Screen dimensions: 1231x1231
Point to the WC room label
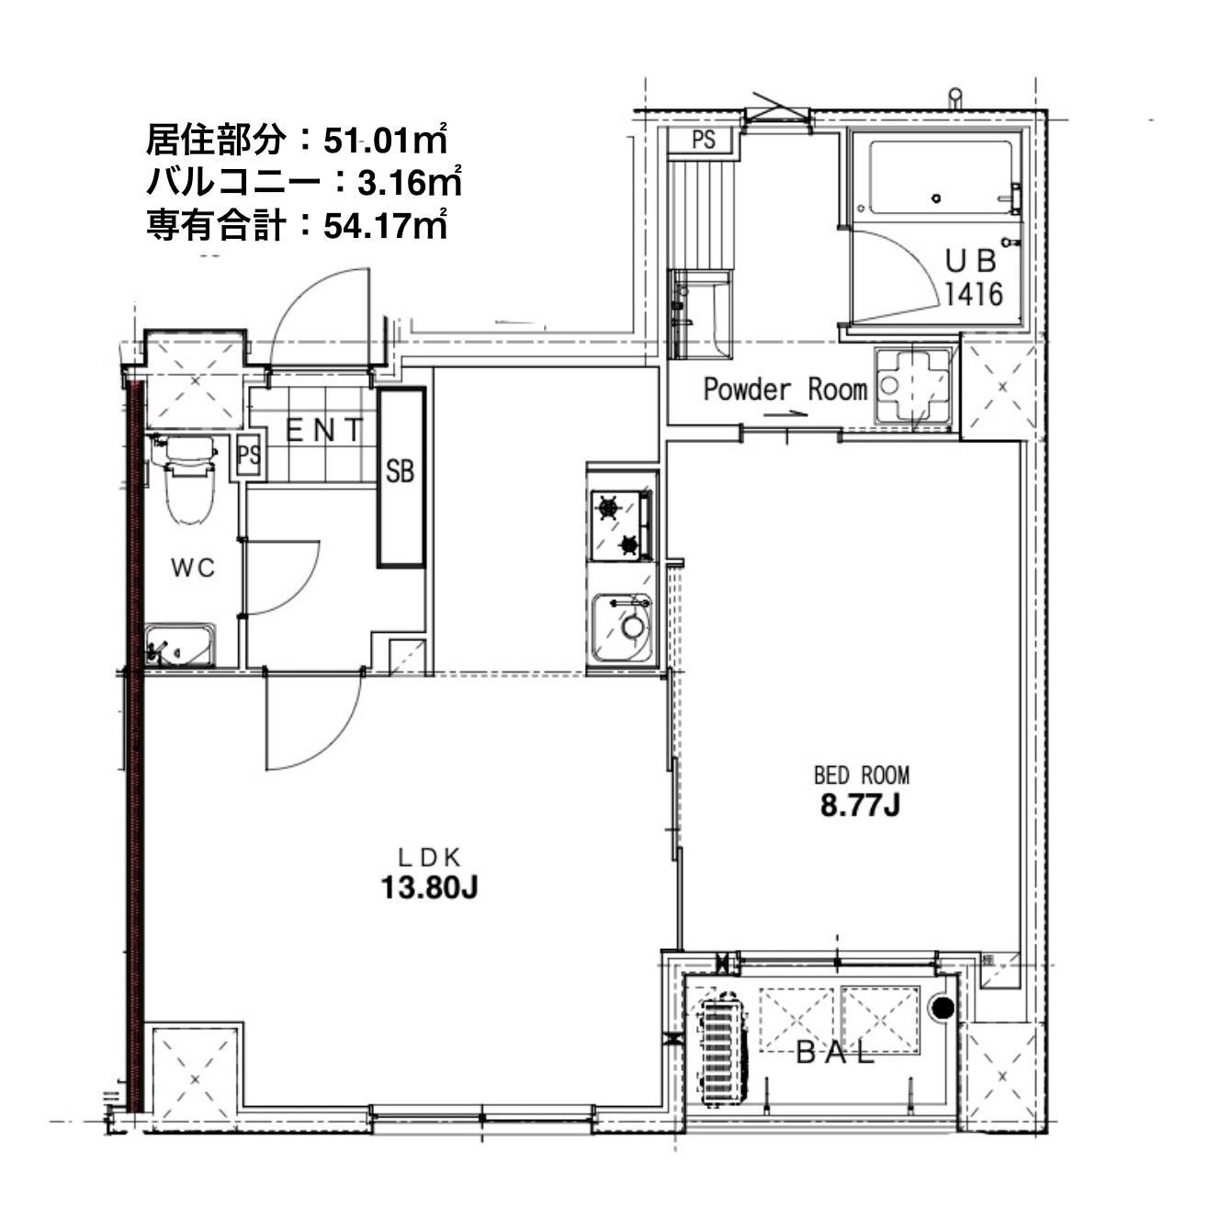pos(194,568)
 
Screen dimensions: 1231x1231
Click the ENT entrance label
pos(324,430)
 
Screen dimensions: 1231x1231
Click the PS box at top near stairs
pos(704,141)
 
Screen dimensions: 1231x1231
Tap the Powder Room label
pos(785,390)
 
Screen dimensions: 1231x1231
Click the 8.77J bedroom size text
pos(860,806)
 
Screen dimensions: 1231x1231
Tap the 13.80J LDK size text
pos(428,888)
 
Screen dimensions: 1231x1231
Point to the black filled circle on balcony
pos(943,1008)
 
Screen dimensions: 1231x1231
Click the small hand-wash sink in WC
pos(180,645)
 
